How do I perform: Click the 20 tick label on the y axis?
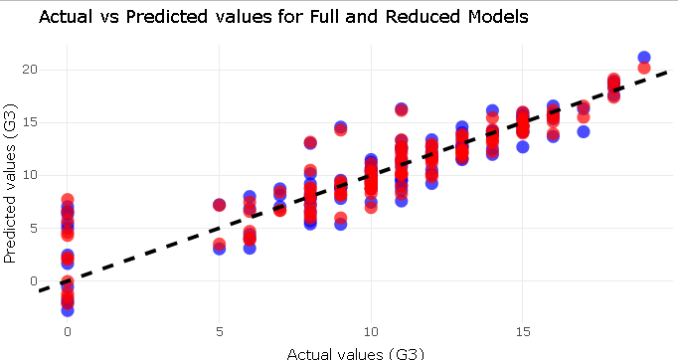30,69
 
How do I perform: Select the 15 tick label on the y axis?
30,121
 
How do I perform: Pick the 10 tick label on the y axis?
30,175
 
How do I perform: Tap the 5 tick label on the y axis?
34,228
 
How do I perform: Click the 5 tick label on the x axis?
219,329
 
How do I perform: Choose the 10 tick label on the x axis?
371,329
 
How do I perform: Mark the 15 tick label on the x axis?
523,329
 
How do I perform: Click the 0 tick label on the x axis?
67,329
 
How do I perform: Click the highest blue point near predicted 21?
644,58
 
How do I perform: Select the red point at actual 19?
644,68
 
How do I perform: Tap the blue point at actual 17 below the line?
584,131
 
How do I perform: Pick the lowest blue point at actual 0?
67,310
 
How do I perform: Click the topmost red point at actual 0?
67,200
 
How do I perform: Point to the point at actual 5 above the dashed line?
219,205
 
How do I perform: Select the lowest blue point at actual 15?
523,147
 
